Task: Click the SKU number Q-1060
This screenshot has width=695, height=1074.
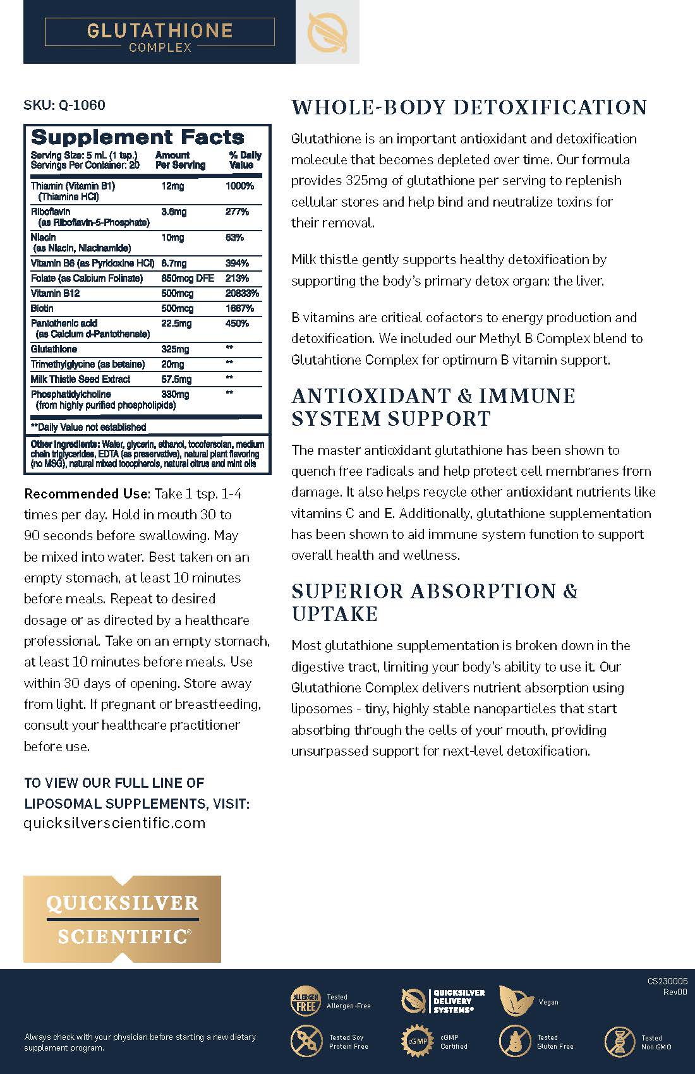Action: [x=82, y=105]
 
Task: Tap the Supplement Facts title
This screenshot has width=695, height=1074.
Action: [x=137, y=137]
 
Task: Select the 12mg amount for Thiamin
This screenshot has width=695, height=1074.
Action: [x=172, y=186]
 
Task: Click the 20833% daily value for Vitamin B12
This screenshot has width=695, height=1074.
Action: [x=242, y=293]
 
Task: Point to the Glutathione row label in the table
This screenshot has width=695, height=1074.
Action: [x=54, y=349]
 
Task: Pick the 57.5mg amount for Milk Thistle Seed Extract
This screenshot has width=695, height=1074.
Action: [x=176, y=379]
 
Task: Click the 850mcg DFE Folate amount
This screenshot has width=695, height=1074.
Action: [x=188, y=278]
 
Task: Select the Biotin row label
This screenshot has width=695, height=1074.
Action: [x=42, y=308]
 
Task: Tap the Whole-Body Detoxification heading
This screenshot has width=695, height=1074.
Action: [x=469, y=107]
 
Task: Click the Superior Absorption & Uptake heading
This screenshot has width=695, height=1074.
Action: [x=434, y=602]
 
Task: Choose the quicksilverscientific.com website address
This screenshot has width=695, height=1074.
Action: [x=114, y=823]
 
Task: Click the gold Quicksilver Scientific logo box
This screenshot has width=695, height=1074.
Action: [x=122, y=919]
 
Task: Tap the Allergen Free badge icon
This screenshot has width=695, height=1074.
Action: [x=305, y=1001]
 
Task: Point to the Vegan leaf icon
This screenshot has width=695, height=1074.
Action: [x=515, y=1001]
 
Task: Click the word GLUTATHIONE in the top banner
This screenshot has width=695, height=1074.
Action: [x=160, y=30]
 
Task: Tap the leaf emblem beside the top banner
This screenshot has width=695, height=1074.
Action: [x=327, y=32]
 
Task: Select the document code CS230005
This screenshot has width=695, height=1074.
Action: [x=667, y=981]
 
